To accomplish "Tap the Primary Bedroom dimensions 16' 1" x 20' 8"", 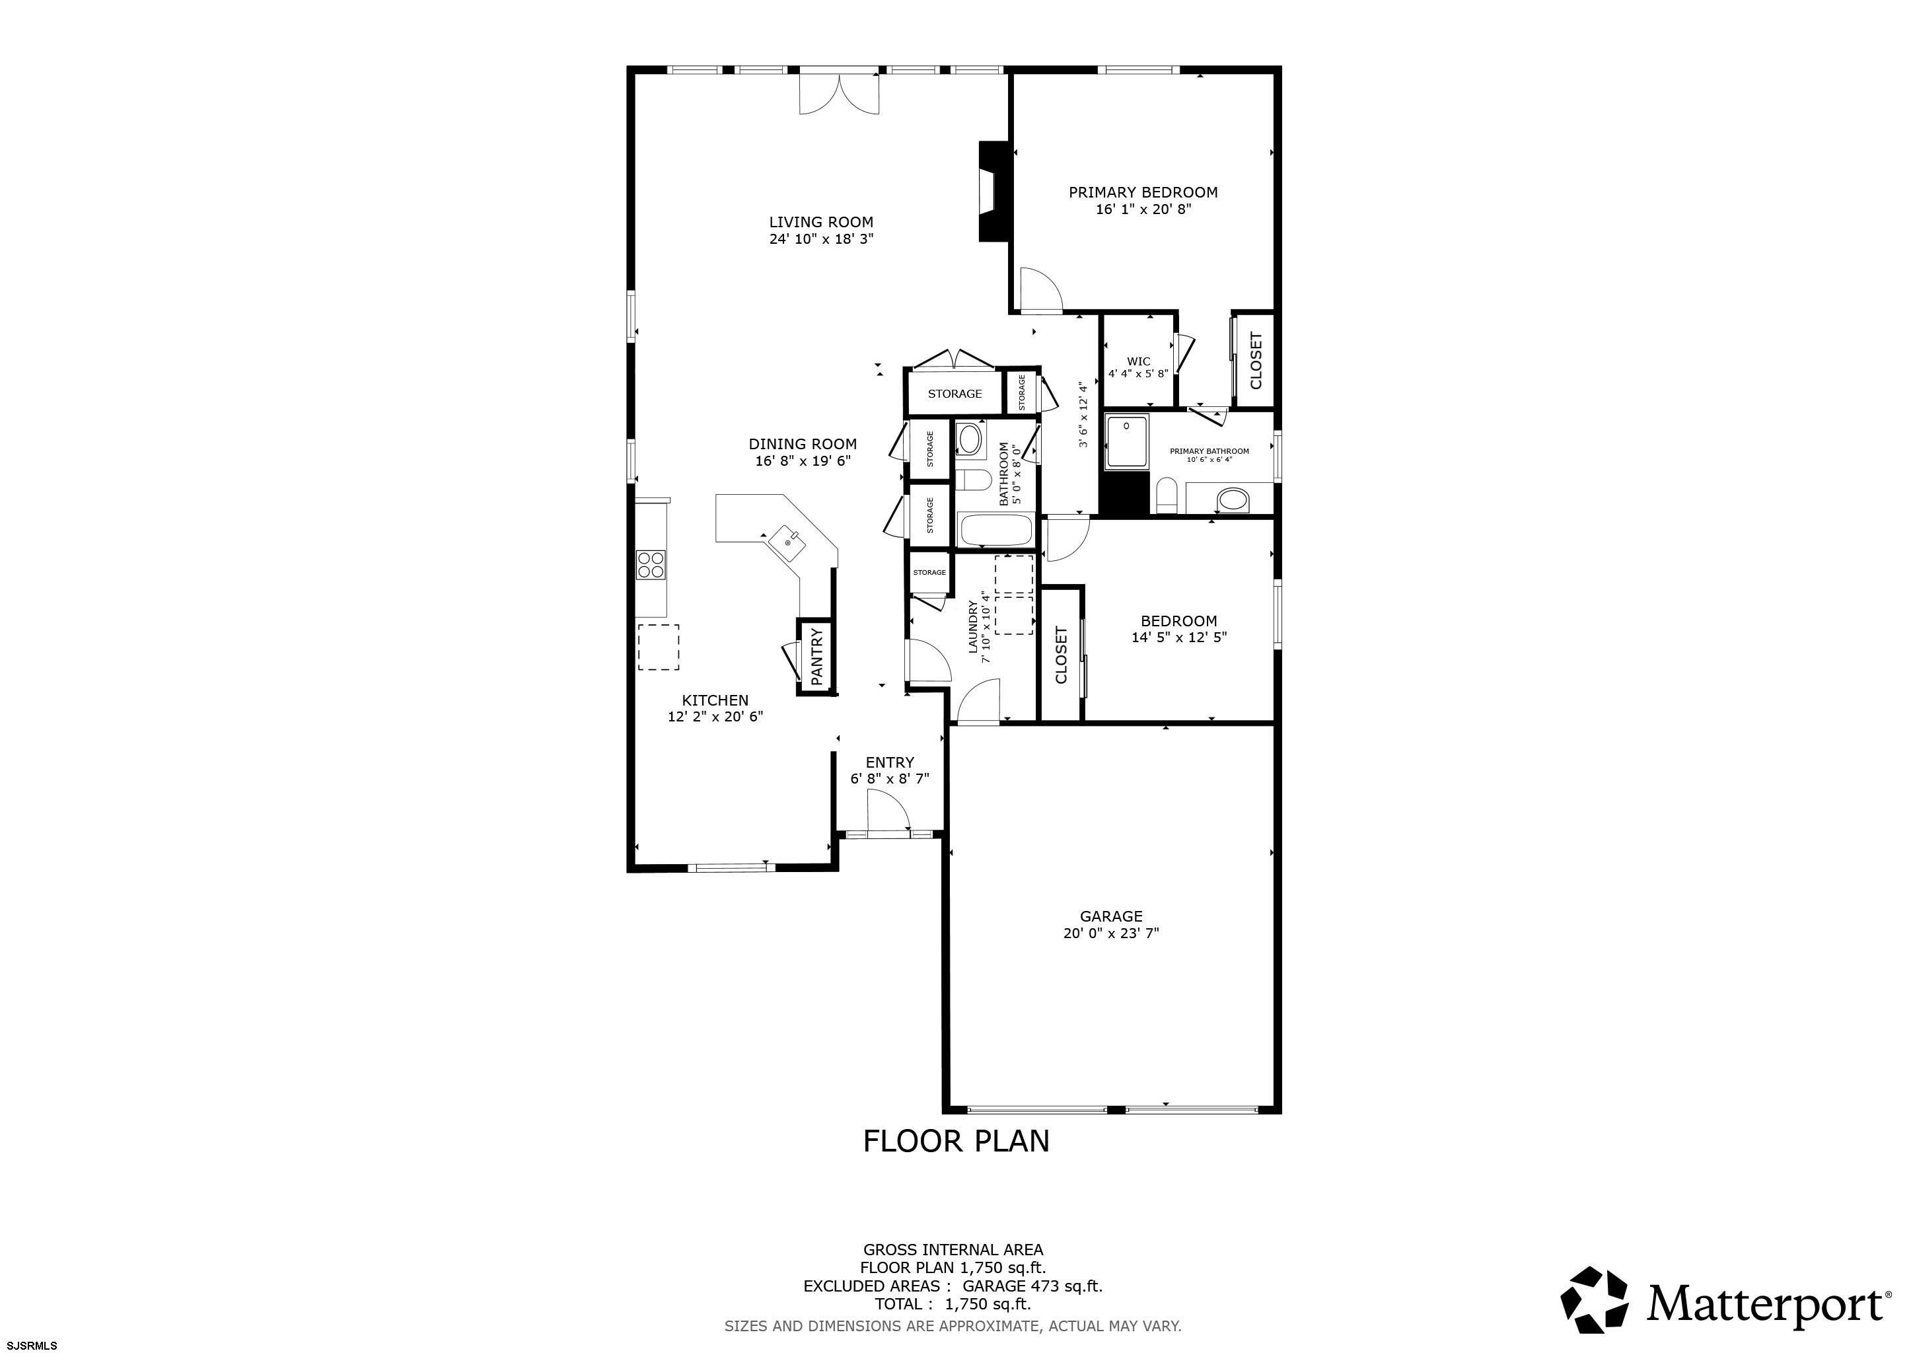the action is (1143, 209).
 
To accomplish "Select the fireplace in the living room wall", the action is (995, 192).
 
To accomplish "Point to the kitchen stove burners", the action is (651, 565).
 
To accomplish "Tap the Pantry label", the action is (816, 657).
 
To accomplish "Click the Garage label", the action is (1110, 916).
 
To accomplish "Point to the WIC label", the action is (1138, 361).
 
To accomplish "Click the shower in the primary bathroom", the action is (1126, 441).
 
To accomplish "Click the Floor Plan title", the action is (956, 1140).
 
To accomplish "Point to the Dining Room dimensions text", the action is (803, 460).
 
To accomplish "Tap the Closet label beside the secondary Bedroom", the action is (1061, 655).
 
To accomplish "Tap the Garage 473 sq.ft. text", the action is (1033, 1286).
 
